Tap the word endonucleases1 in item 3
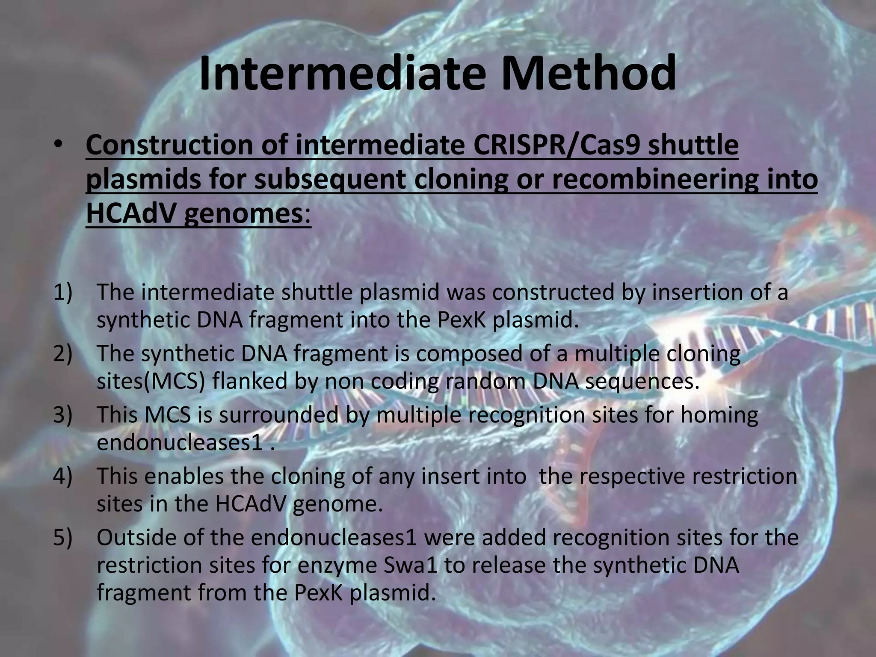tap(180, 443)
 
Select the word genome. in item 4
tap(338, 504)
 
